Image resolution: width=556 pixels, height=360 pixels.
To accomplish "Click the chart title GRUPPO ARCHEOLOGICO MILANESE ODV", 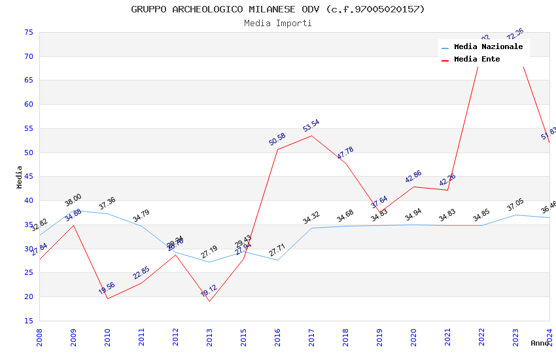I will coord(278,9).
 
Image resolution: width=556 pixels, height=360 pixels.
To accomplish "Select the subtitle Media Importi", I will coord(278,24).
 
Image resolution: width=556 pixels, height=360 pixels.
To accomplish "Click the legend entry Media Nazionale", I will coord(488,47).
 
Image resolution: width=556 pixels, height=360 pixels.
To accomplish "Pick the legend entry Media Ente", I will coord(477,60).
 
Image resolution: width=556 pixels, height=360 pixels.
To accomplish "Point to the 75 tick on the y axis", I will coord(28,32).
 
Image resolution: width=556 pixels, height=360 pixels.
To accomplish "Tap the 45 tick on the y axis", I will coord(28,177).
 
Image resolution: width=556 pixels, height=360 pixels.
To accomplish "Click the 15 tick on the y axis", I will coord(28,321).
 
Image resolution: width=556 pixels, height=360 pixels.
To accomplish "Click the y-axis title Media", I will coord(20,177).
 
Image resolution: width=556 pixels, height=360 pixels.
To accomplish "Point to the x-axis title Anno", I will coord(540,343).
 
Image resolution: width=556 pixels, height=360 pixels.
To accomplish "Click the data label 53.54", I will coord(311,126).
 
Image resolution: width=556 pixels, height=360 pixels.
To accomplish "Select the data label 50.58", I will coord(277,139).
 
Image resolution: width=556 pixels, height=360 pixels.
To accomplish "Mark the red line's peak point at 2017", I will coord(311,135).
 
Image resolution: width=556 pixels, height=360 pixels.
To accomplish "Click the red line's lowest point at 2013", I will coord(209,301).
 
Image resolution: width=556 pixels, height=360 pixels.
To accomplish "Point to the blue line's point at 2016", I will coord(277,260).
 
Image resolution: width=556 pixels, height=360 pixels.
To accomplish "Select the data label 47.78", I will coord(345,153).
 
